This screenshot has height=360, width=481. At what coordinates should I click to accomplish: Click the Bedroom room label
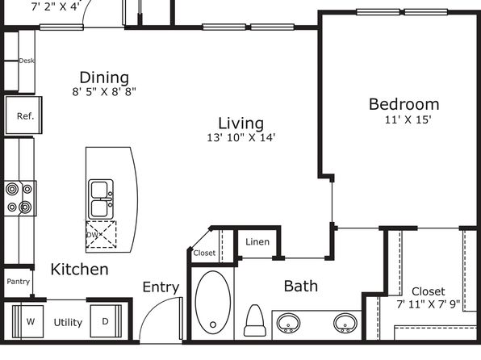[x=404, y=104]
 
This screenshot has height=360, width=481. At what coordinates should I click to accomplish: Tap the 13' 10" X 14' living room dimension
[x=240, y=137]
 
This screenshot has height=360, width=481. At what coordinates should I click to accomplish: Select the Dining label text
[x=104, y=77]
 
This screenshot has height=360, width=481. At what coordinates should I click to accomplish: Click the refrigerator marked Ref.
[x=23, y=115]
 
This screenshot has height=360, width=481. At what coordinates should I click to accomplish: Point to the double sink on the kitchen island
[x=101, y=199]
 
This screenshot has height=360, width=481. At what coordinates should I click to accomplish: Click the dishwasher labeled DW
[x=101, y=234]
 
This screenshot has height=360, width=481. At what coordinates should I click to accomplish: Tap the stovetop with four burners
[x=20, y=199]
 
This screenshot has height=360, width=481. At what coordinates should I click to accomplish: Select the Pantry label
[x=19, y=282]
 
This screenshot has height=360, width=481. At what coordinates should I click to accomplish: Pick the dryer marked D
[x=106, y=321]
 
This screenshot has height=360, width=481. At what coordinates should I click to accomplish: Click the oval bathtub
[x=213, y=303]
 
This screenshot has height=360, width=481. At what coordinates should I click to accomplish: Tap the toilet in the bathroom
[x=254, y=320]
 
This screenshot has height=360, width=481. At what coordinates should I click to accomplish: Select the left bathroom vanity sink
[x=288, y=323]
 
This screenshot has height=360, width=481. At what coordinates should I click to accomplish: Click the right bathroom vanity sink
[x=345, y=323]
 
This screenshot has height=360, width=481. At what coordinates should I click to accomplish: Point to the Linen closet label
[x=257, y=242]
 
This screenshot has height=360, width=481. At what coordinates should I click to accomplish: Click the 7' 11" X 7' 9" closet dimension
[x=429, y=304]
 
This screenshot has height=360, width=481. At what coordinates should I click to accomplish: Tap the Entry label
[x=161, y=287]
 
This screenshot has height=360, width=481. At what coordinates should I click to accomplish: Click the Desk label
[x=27, y=61]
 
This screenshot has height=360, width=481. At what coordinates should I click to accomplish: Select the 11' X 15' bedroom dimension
[x=408, y=119]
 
